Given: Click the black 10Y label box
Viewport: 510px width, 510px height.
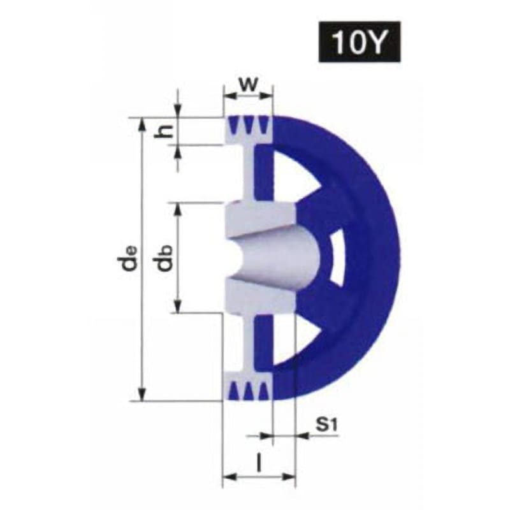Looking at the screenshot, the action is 360,42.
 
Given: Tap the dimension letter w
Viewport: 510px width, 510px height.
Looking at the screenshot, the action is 249,85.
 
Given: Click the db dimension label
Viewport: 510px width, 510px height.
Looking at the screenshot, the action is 164,259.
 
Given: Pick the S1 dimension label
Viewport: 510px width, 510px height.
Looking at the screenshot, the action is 327,425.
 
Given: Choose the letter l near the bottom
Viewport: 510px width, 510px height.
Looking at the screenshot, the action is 259,463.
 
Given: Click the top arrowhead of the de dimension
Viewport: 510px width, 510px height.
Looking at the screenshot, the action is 142,124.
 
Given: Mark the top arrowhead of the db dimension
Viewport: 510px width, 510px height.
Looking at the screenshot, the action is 177,209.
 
